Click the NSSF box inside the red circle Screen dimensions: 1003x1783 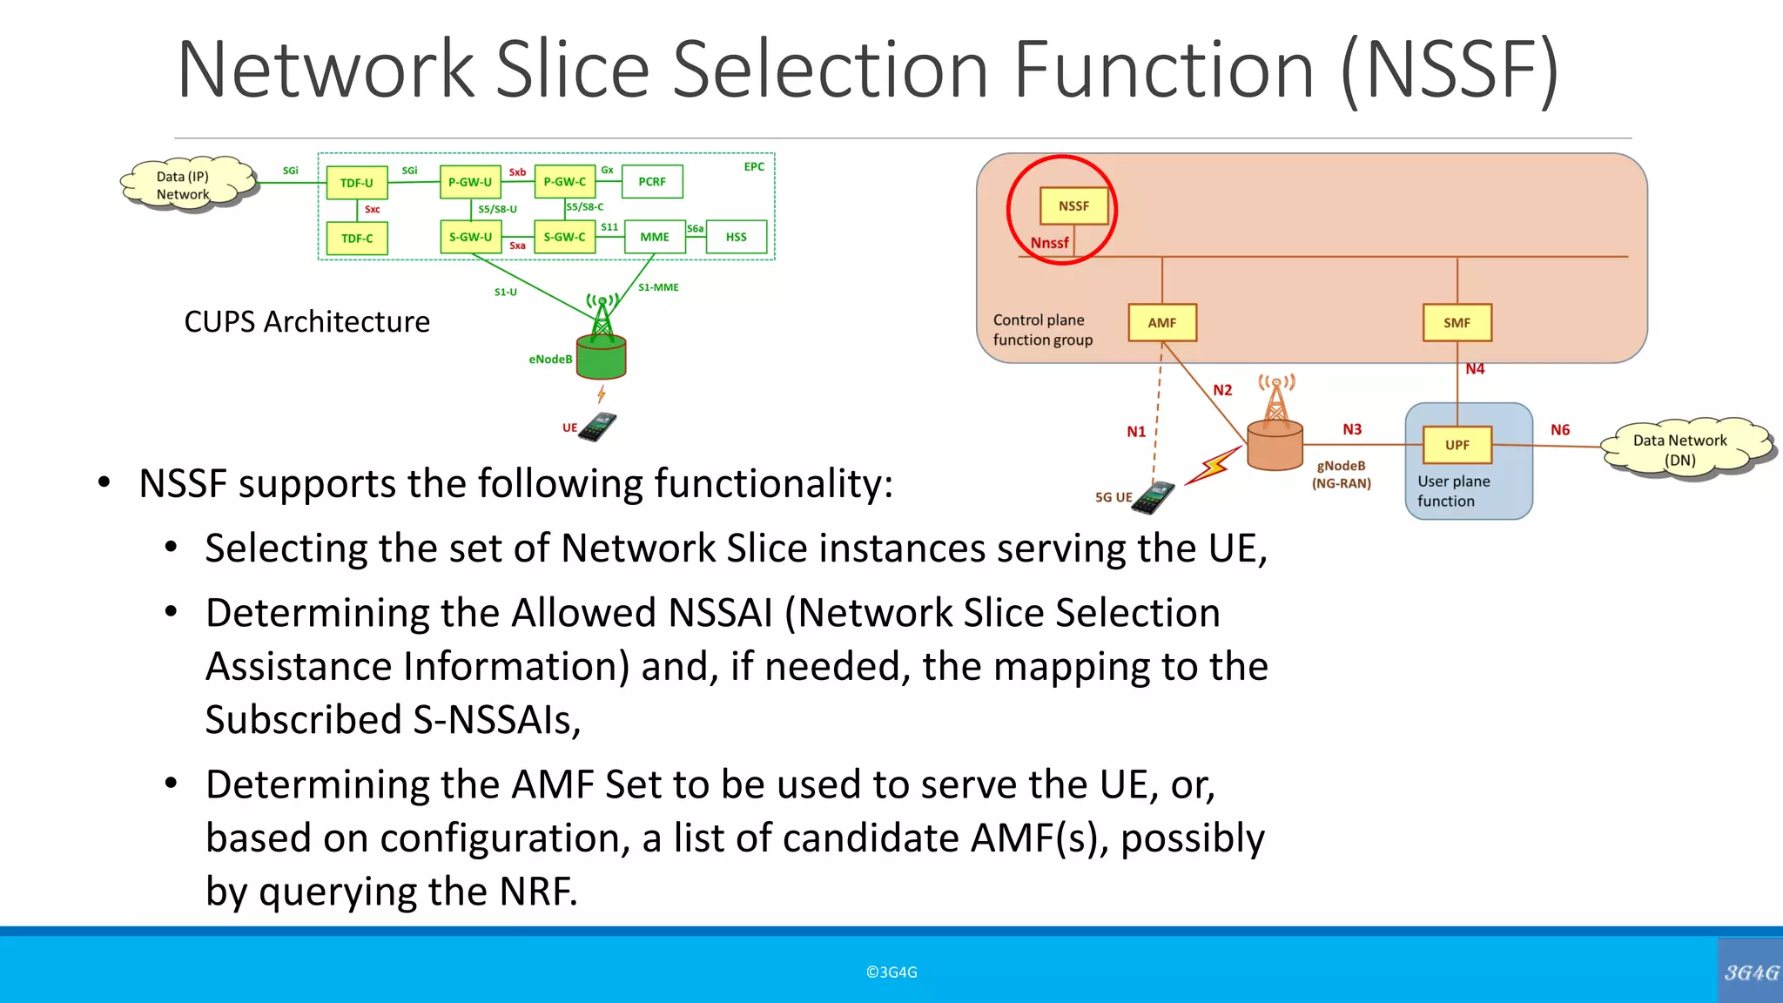[1073, 206]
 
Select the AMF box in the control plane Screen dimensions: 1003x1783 [1161, 322]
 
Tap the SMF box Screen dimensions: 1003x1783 [1457, 322]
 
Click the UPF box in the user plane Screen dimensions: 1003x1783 [1457, 445]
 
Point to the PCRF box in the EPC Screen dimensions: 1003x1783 [652, 182]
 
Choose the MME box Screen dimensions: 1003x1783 [655, 237]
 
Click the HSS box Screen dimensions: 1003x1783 [736, 237]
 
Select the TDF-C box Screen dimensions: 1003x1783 [357, 239]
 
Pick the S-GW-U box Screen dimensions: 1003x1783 [470, 237]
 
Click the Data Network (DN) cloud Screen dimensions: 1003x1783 [1680, 449]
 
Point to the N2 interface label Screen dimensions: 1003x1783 [1222, 390]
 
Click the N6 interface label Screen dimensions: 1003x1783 [1560, 430]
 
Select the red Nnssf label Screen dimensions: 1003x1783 [1049, 243]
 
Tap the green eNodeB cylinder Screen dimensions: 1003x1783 [602, 358]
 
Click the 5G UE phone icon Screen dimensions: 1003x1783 [1154, 498]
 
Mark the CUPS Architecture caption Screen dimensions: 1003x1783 [306, 322]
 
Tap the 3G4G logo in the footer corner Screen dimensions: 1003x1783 [1751, 972]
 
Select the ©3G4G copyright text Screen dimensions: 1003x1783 [891, 973]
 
